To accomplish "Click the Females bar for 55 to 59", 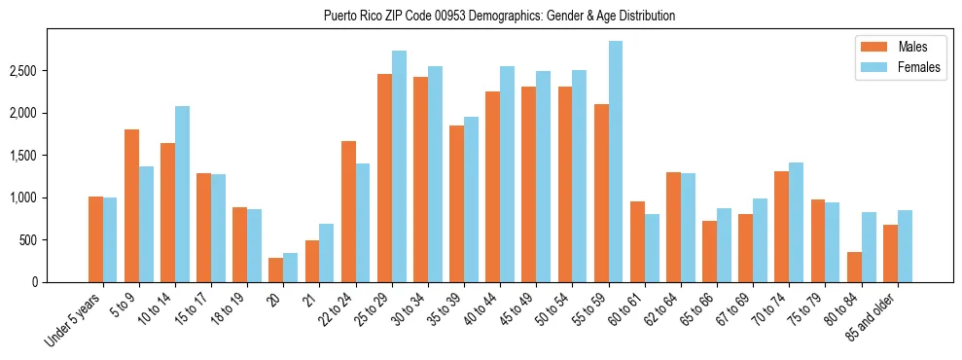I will point(616,162).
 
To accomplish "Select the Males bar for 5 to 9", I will point(131,205).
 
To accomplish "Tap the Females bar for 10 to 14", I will point(182,194).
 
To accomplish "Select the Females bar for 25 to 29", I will point(399,166).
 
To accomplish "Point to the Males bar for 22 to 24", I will point(348,211).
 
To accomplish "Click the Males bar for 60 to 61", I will point(637,241).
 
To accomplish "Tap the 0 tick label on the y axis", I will point(33,282).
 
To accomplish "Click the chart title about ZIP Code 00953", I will point(499,16).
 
